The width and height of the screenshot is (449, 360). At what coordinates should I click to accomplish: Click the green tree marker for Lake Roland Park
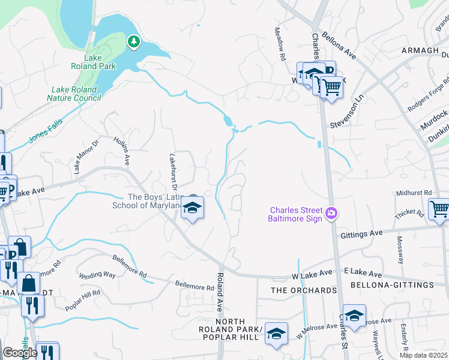134,41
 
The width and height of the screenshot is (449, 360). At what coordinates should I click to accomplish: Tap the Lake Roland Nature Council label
74,93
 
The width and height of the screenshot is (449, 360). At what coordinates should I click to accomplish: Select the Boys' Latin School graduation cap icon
192,208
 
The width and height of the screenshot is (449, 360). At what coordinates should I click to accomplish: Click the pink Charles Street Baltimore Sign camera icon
331,214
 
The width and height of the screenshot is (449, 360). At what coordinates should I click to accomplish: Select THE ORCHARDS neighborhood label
304,290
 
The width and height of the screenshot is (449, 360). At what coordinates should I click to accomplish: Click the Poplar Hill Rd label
83,299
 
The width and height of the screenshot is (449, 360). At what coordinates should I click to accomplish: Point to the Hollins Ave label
122,151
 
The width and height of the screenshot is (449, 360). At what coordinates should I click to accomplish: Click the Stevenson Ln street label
348,113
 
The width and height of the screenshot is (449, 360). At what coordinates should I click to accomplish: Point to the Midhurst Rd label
414,193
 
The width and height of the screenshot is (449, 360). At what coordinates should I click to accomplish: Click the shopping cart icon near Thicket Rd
439,209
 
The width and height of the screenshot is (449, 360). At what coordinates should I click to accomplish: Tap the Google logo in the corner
20,353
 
